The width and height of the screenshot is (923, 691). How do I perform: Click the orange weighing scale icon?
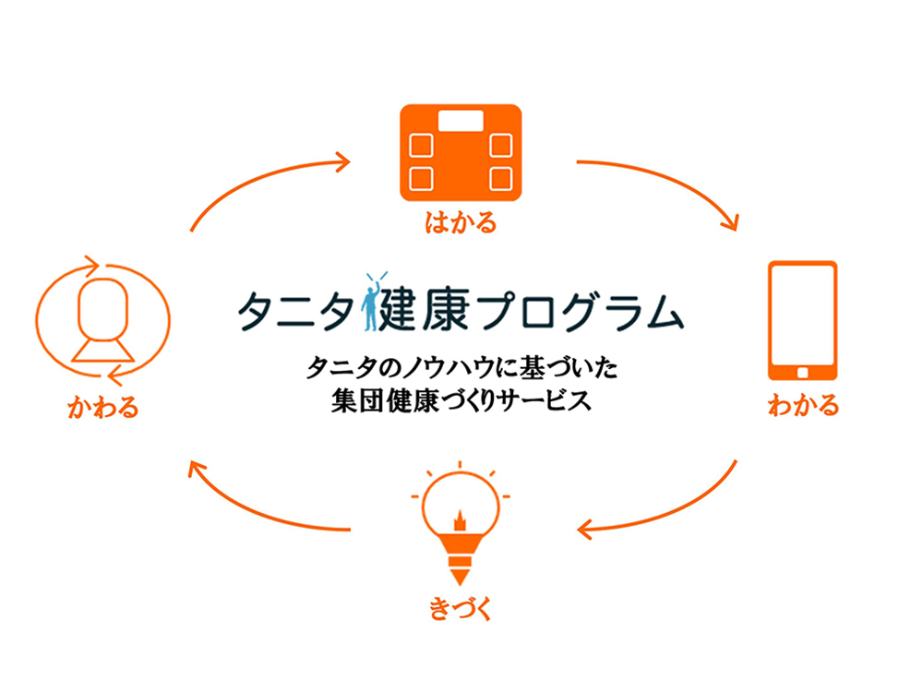click(461, 152)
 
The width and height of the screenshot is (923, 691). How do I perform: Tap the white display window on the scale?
click(461, 121)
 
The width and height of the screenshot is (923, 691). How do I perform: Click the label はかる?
click(461, 223)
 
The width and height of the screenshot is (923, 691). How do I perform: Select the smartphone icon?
click(803, 321)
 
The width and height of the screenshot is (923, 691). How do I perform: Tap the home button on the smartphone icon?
click(802, 373)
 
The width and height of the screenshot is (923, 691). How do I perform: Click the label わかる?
click(803, 406)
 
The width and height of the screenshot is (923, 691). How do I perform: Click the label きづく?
click(461, 609)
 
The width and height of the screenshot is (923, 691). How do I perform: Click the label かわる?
click(103, 407)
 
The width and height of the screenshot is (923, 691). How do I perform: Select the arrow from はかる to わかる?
click(668, 179)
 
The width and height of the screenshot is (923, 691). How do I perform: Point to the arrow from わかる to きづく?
click(668, 513)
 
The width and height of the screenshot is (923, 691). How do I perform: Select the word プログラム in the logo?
click(581, 310)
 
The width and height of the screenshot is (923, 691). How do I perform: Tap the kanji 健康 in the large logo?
click(425, 310)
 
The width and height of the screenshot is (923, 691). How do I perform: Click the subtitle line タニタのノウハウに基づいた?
click(462, 368)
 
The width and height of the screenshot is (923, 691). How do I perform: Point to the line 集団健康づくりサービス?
click(461, 400)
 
